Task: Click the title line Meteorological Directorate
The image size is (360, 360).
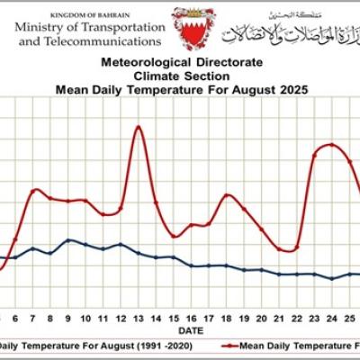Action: point(181,63)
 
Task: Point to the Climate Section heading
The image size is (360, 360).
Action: point(181,76)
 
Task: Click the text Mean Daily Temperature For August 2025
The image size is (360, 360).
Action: point(181,89)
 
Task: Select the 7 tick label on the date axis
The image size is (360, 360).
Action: point(33,319)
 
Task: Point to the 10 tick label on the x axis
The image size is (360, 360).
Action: point(85,319)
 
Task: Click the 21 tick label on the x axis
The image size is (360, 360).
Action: point(279,319)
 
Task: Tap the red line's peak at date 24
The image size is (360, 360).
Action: point(331,144)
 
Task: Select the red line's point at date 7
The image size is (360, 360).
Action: point(34,190)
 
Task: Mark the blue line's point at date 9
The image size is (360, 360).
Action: point(68,240)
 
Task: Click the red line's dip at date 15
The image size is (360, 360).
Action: point(174,236)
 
